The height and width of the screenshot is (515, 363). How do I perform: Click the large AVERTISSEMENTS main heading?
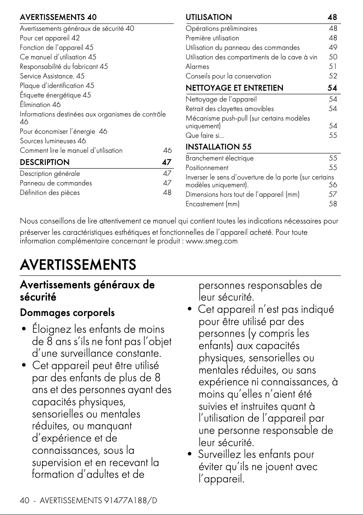(78, 264)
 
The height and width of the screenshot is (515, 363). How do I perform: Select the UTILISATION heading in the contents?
(209, 17)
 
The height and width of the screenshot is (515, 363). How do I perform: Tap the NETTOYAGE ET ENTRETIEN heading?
(234, 87)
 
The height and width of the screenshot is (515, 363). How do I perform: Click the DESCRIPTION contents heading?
(45, 162)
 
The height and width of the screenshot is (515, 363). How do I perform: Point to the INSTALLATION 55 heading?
(219, 147)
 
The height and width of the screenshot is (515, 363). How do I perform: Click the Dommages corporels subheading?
(67, 313)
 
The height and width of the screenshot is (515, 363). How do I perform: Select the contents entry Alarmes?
(197, 66)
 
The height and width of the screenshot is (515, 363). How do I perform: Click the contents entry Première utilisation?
(212, 38)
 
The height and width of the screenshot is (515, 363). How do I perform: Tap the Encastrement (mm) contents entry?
(213, 204)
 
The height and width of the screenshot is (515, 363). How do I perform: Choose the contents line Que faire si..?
(205, 135)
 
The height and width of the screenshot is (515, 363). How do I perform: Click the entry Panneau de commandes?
(56, 183)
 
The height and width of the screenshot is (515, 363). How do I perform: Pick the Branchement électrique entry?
(220, 158)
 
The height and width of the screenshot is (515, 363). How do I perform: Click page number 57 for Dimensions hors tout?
(333, 194)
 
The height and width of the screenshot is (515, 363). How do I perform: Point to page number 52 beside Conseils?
(333, 76)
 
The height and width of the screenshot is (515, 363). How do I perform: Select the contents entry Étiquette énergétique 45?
(55, 95)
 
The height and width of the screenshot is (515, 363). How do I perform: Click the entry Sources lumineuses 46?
(53, 141)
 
